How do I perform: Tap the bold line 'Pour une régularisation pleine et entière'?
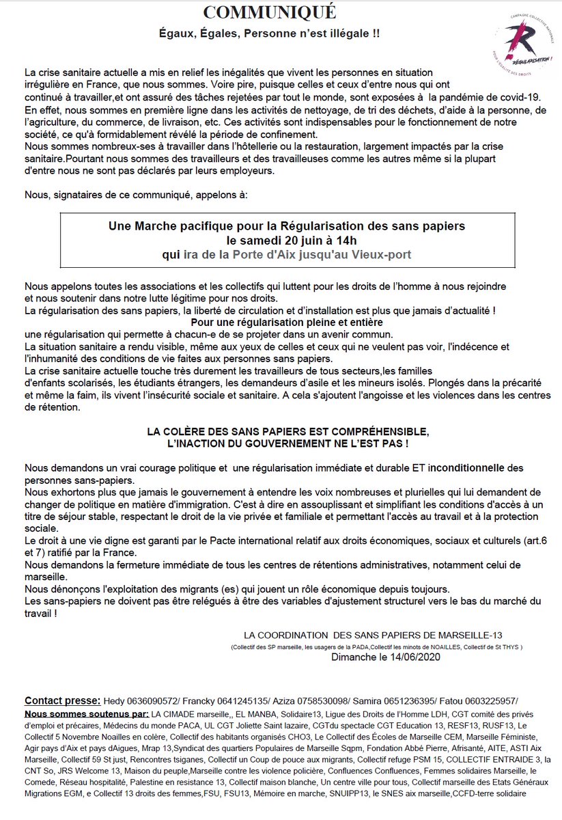(287, 322)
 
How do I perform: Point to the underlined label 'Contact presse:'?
(63, 701)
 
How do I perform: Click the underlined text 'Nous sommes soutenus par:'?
(87, 714)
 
